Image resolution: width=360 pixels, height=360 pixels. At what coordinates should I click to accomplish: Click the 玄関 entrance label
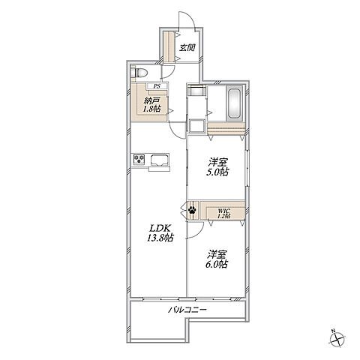[187, 47]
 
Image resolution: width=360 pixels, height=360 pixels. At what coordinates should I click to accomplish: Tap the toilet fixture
[139, 73]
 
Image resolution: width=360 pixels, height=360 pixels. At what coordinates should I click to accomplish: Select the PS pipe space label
[157, 86]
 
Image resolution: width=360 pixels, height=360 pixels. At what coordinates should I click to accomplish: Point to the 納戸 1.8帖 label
[151, 105]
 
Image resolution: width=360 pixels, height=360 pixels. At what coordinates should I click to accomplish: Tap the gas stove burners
[139, 159]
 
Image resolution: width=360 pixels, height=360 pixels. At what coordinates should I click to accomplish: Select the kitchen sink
[160, 160]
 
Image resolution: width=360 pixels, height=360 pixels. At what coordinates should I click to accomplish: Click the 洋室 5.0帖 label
[217, 167]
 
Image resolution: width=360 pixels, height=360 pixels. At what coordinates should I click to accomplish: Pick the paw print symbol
[192, 210]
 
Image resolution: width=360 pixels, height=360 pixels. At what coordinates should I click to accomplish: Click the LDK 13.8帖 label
[160, 233]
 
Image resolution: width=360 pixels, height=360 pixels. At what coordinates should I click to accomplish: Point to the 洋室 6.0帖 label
[217, 259]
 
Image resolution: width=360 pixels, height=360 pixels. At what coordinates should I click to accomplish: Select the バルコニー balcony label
[187, 310]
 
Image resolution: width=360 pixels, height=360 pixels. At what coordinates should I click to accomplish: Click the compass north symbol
[337, 338]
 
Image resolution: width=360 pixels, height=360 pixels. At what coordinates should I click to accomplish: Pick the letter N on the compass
[333, 331]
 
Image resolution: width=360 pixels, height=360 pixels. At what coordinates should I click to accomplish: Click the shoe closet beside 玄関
[169, 46]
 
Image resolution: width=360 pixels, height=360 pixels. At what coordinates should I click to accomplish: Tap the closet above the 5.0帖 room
[226, 128]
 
